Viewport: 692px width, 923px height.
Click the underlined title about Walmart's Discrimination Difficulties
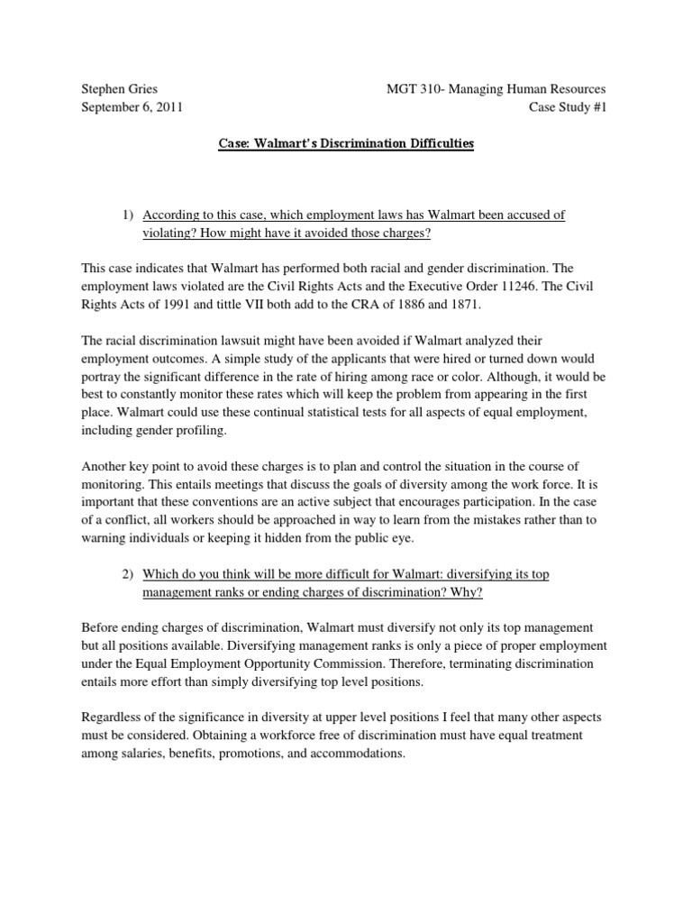(347, 144)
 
